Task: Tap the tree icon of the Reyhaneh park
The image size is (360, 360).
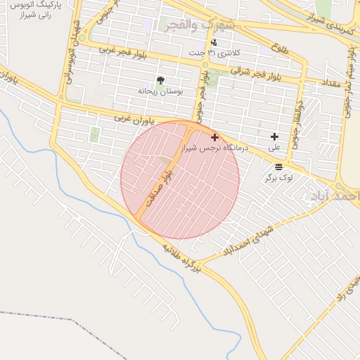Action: pos(161,79)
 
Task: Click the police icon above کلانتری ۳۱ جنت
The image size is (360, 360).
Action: pos(214,42)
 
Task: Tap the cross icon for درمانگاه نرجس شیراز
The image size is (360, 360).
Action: pos(214,137)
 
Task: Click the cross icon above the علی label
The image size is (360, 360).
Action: pos(274,136)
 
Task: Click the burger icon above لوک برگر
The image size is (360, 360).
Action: pos(279,167)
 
